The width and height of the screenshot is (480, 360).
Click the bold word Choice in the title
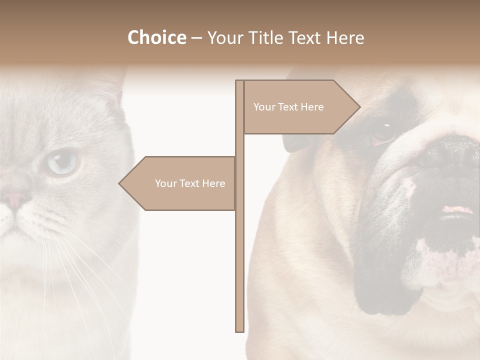[156, 37]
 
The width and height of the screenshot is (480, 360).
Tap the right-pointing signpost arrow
[300, 107]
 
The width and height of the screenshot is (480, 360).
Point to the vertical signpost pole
[239, 250]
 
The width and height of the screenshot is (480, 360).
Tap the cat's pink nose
[15, 199]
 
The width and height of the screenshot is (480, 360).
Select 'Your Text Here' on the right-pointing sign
[288, 107]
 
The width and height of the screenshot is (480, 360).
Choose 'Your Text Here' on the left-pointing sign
[190, 183]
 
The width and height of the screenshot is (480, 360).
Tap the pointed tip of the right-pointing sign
[358, 106]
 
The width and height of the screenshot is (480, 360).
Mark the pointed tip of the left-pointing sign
[120, 183]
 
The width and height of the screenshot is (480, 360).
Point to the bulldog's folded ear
[292, 140]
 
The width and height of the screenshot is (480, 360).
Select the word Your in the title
[224, 37]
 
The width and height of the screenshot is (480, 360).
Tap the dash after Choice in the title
[196, 38]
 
